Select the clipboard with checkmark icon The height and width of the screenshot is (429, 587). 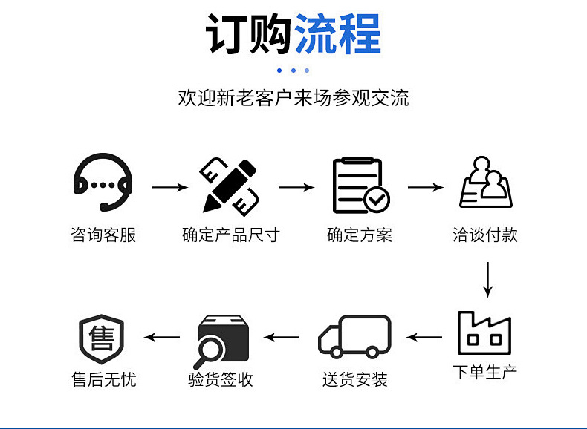pyautogui.click(x=360, y=186)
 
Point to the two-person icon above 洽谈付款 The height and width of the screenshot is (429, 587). pyautogui.click(x=487, y=183)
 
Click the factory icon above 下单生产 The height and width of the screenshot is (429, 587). pyautogui.click(x=484, y=333)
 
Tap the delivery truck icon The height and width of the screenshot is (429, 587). pyautogui.click(x=354, y=338)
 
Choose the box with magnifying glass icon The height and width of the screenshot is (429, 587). pyautogui.click(x=221, y=340)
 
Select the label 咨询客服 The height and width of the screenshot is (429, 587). pyautogui.click(x=103, y=236)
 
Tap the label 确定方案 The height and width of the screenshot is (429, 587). pyautogui.click(x=360, y=236)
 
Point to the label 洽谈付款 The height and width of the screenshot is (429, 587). pyautogui.click(x=485, y=236)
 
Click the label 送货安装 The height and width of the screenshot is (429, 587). pyautogui.click(x=355, y=380)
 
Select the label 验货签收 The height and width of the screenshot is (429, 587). pyautogui.click(x=221, y=380)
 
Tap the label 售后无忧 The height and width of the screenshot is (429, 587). pyautogui.click(x=103, y=380)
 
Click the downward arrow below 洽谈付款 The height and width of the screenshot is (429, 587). pyautogui.click(x=487, y=279)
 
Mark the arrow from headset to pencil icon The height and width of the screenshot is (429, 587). pyautogui.click(x=170, y=187)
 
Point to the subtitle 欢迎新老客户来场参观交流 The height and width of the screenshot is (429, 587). pyautogui.click(x=293, y=98)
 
